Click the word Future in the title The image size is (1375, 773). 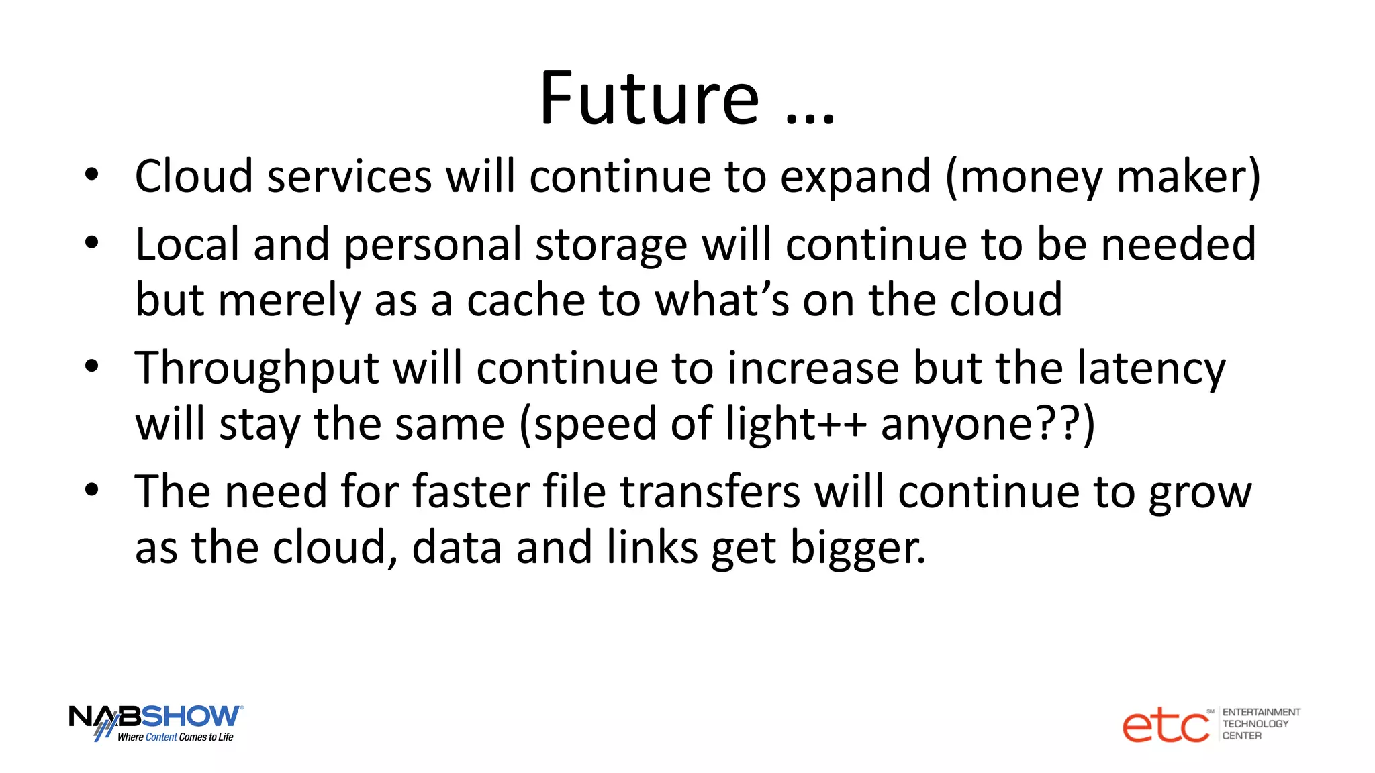649,99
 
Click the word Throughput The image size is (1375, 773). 257,369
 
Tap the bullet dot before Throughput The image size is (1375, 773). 92,366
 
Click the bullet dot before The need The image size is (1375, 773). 92,490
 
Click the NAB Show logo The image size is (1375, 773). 156,722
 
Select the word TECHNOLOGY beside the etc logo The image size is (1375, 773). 1255,723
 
